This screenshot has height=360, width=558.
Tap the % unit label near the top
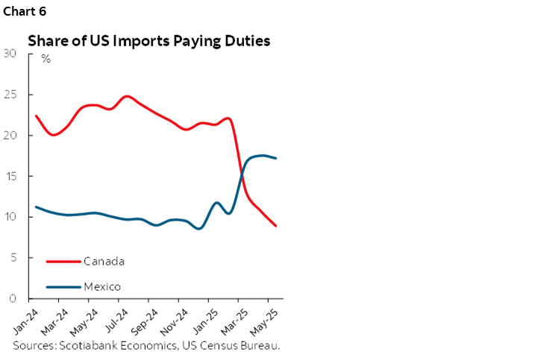pyautogui.click(x=46, y=59)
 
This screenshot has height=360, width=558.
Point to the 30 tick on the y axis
pyautogui.click(x=10, y=53)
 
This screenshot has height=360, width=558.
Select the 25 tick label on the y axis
pyautogui.click(x=10, y=94)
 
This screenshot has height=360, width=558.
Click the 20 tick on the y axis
pyautogui.click(x=10, y=135)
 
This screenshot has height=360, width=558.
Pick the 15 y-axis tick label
pyautogui.click(x=10, y=176)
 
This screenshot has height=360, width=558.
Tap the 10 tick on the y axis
pyautogui.click(x=10, y=217)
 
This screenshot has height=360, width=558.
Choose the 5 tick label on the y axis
pyautogui.click(x=13, y=258)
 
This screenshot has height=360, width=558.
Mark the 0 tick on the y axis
pyautogui.click(x=13, y=299)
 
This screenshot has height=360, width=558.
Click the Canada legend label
pyautogui.click(x=104, y=261)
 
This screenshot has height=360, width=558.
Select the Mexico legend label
pyautogui.click(x=102, y=287)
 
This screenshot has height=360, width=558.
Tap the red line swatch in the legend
pyautogui.click(x=63, y=261)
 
